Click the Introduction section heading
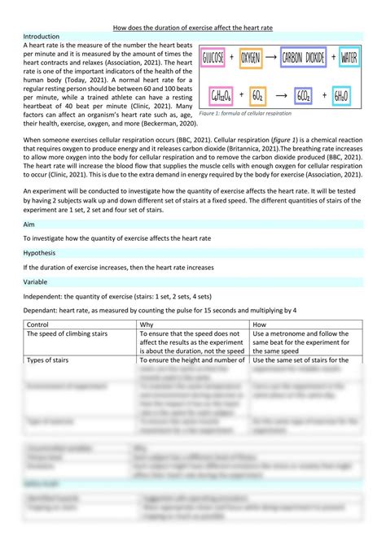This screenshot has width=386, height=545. click(42, 37)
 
